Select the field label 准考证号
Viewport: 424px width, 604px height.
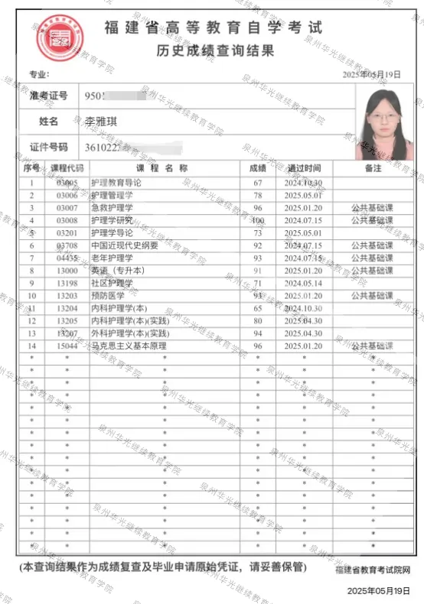pyautogui.click(x=48, y=96)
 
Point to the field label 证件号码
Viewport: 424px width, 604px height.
pyautogui.click(x=48, y=147)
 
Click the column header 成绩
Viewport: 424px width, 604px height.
pyautogui.click(x=257, y=167)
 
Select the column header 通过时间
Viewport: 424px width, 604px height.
pyautogui.click(x=304, y=167)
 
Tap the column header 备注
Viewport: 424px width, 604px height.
pyautogui.click(x=373, y=167)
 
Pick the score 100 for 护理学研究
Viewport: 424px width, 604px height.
pyautogui.click(x=257, y=220)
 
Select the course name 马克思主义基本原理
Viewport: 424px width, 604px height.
pyautogui.click(x=129, y=346)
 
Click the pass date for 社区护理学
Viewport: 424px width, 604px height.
pyautogui.click(x=304, y=283)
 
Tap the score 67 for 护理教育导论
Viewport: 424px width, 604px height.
pyautogui.click(x=257, y=183)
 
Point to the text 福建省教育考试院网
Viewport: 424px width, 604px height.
pyautogui.click(x=373, y=570)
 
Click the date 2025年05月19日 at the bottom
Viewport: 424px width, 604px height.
pyautogui.click(x=374, y=591)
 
